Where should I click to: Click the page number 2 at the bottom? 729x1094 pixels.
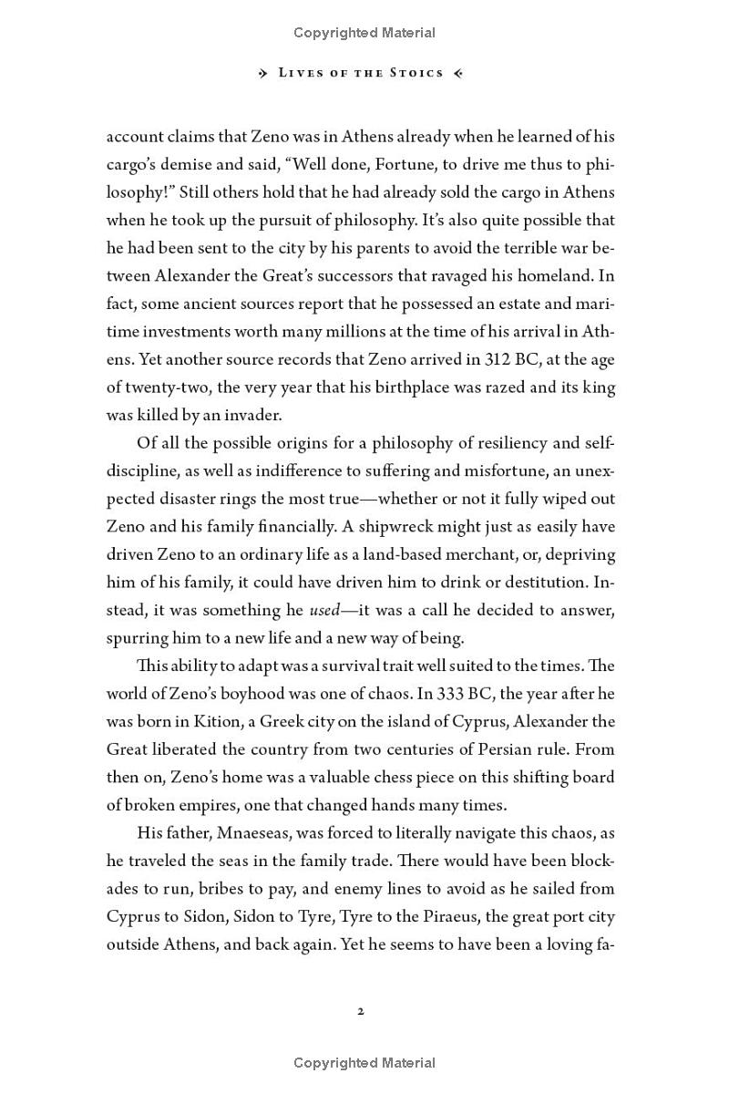[x=362, y=1011]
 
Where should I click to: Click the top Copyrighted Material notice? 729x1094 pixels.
[x=364, y=33]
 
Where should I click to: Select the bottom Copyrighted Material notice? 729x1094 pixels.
[x=364, y=1063]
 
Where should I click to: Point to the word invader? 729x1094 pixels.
[x=253, y=415]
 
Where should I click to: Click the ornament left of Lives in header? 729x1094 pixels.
[x=265, y=73]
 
